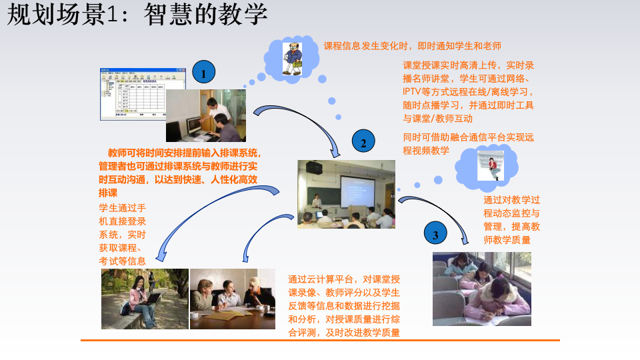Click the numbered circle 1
pos(204,73)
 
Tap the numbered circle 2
pos(363,142)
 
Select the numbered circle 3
pos(435,234)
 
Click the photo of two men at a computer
pos(205,115)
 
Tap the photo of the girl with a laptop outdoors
pos(144,299)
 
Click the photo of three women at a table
pos(232,299)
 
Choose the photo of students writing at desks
pos(481,288)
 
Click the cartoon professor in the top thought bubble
pos(292,55)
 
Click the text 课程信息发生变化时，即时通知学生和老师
pos(412,46)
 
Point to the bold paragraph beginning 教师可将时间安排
pos(180,172)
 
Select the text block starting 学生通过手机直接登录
pos(123,234)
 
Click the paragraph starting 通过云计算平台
pos(344,305)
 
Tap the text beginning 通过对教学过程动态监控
pos(511,219)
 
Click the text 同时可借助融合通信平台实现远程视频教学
pos(469,144)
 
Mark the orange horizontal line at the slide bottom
pos(320,341)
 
